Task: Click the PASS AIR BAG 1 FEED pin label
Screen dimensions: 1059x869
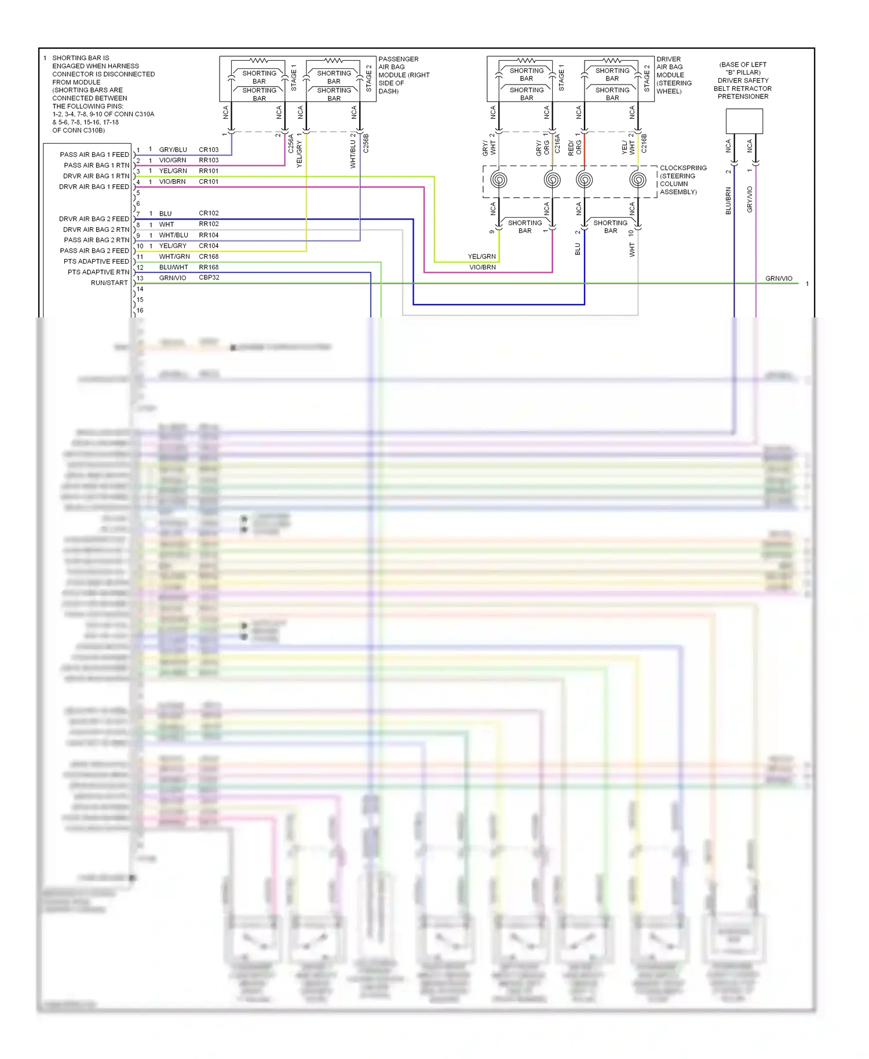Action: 94,155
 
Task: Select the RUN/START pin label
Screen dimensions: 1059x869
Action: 109,283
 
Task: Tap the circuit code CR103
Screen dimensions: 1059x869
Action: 209,149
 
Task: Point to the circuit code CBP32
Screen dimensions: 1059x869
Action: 209,277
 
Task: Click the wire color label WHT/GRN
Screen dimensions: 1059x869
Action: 174,257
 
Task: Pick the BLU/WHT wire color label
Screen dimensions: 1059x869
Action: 173,267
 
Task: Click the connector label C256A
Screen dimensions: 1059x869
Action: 291,144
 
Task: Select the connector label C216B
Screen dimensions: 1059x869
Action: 644,143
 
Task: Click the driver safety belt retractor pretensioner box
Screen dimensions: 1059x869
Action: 744,121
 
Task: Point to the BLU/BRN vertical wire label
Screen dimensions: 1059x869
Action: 728,200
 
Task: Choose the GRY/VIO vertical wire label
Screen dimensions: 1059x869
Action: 750,199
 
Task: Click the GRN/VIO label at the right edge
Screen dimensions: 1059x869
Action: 779,279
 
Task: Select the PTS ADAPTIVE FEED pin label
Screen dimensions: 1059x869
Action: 96,261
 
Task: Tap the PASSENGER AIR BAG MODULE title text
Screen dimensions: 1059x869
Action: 404,75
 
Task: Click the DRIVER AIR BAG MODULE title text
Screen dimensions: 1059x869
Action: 674,75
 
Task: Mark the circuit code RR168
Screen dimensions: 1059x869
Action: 209,267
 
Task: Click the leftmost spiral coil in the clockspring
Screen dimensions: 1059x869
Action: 499,180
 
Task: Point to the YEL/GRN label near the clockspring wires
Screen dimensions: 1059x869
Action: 482,256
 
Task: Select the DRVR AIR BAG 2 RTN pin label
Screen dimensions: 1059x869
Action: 96,229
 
